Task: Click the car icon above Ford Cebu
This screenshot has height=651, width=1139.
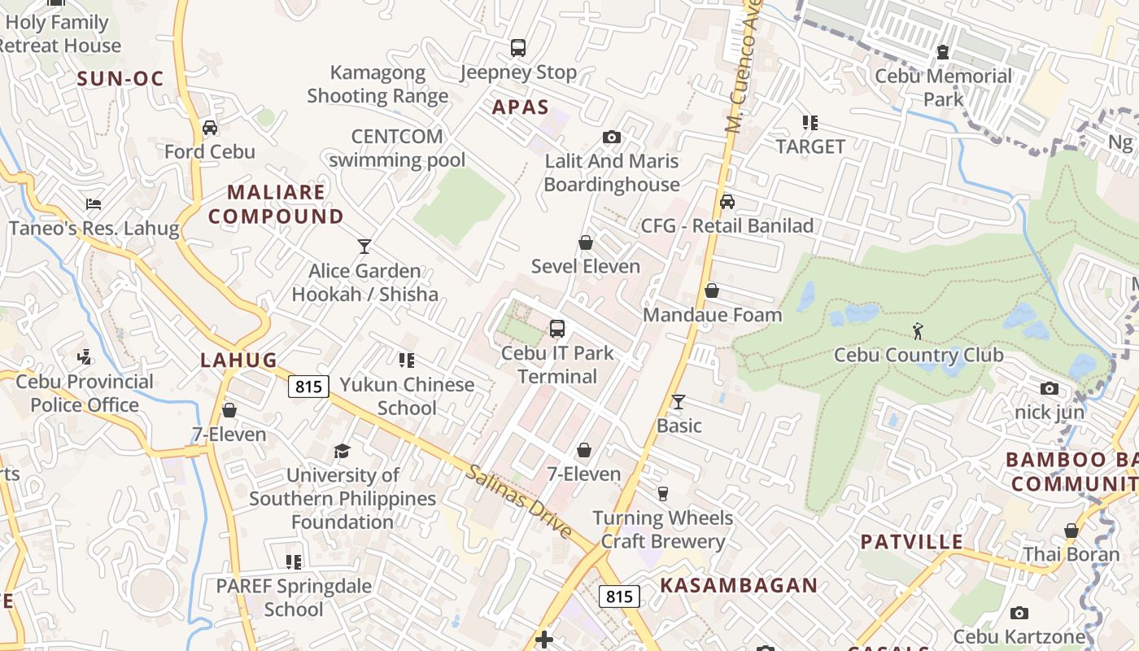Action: click(x=210, y=128)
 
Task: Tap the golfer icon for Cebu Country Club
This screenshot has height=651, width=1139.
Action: click(x=918, y=331)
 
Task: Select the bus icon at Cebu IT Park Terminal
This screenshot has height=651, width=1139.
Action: click(x=557, y=329)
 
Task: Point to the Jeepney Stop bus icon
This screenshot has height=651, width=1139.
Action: click(x=518, y=48)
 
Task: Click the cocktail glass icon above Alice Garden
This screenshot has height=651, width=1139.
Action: click(x=364, y=247)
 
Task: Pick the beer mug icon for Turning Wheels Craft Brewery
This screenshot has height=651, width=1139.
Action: click(x=662, y=494)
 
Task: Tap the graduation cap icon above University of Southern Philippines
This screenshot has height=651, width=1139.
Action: click(x=342, y=451)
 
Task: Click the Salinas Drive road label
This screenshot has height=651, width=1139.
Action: click(x=519, y=500)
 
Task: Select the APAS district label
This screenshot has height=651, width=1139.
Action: click(x=521, y=107)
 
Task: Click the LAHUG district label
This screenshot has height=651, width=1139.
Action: click(x=239, y=360)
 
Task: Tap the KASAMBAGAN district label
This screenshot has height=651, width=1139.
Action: click(x=739, y=585)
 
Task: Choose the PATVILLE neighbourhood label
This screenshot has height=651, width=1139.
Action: click(x=912, y=542)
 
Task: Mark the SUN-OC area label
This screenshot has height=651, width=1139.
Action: click(x=120, y=79)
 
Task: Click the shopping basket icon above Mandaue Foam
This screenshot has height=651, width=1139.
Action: click(x=712, y=291)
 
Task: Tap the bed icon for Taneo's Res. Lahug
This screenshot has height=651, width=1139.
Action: click(x=94, y=204)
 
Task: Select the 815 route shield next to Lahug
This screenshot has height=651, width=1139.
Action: click(x=309, y=387)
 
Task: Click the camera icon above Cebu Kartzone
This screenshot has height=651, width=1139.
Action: click(x=1019, y=613)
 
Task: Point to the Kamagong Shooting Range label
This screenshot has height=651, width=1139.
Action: click(x=377, y=84)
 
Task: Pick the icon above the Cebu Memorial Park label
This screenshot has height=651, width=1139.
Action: click(x=943, y=52)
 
